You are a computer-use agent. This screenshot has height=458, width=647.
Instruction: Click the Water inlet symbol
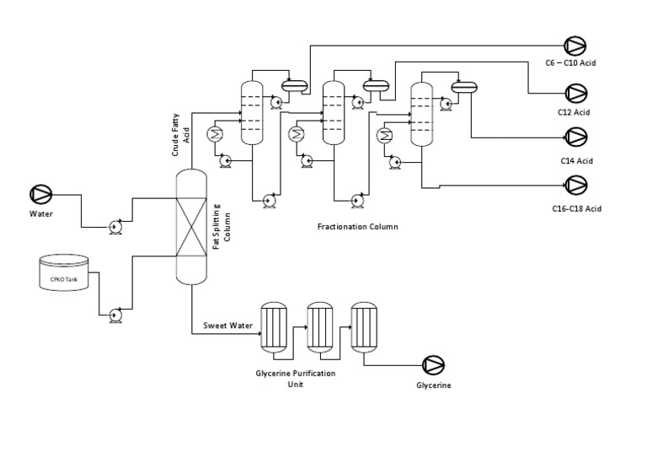click(x=40, y=194)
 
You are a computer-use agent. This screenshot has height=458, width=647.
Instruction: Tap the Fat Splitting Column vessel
click(x=190, y=226)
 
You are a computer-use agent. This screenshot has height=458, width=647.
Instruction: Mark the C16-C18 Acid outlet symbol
click(x=575, y=184)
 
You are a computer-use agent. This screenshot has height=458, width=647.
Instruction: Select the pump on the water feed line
click(x=115, y=226)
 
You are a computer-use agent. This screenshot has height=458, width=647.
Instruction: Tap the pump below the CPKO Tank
click(x=115, y=315)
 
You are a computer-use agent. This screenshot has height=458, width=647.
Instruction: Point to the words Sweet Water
click(x=228, y=326)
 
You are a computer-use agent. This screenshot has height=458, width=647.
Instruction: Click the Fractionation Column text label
click(x=357, y=227)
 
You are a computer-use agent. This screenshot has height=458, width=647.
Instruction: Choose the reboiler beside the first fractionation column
click(x=216, y=133)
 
